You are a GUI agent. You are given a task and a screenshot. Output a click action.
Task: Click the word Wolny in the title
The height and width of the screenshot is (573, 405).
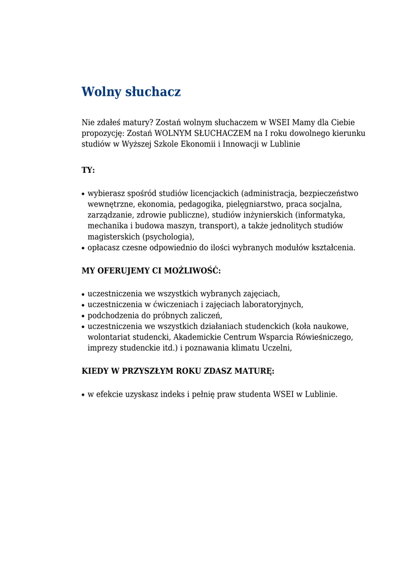pos(101,92)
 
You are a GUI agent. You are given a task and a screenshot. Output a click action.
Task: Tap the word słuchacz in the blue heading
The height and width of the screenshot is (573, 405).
pos(153,92)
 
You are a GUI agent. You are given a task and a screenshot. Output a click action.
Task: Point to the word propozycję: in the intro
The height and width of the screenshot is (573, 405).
pos(103,133)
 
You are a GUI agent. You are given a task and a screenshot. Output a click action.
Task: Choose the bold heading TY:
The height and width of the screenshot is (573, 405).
pos(88,170)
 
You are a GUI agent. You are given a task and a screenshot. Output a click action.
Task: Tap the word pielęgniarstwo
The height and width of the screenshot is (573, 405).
pos(254,204)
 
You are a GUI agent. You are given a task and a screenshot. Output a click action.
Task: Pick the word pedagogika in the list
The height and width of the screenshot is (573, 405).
pos(201,204)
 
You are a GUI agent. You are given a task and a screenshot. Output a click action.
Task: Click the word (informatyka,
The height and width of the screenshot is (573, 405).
pos(321,215)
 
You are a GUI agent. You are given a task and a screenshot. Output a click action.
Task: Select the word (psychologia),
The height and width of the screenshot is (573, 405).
pos(168,237)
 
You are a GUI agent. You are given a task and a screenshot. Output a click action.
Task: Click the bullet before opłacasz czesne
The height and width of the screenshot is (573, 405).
pos(83,248)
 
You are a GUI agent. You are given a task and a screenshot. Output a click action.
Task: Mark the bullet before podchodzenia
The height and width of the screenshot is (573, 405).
pos(83,316)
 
